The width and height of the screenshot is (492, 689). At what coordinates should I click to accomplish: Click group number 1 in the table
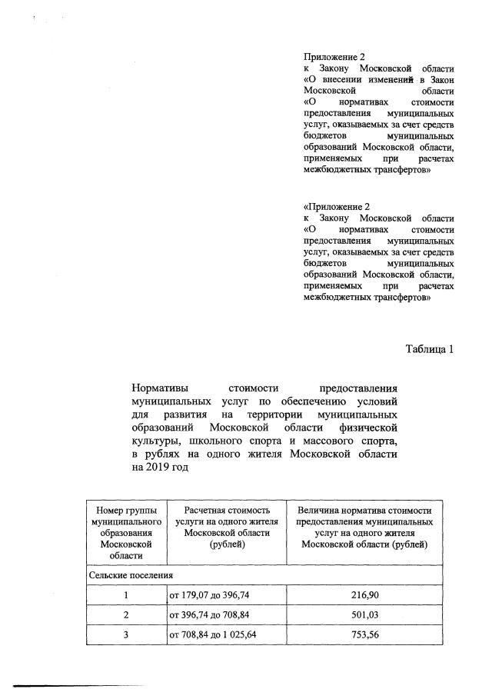click(125, 595)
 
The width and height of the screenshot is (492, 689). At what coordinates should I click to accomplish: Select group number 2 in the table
click(125, 615)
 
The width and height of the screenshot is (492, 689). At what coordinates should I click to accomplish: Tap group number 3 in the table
click(125, 636)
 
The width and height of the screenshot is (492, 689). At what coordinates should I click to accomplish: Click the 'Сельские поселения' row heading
click(130, 574)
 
